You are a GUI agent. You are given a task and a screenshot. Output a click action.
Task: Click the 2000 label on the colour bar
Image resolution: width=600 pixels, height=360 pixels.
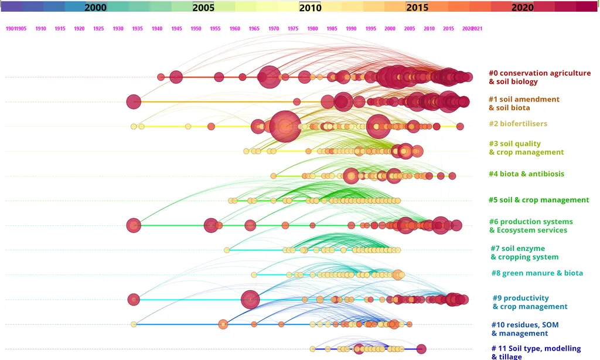point(96,8)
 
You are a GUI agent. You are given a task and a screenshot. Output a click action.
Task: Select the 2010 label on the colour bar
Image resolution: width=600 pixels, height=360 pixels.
point(310,8)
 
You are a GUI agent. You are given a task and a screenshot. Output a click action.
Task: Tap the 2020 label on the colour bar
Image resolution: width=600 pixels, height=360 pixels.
point(522,8)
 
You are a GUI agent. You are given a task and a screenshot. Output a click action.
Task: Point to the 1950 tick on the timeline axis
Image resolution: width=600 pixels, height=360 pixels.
point(196,29)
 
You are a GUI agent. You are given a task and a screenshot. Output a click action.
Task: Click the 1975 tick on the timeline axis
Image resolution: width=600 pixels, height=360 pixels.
point(293,29)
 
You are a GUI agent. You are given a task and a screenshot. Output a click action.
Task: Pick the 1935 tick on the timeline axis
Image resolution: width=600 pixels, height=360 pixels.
point(138,29)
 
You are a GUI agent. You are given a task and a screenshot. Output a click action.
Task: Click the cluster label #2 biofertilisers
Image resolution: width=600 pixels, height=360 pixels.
point(518,124)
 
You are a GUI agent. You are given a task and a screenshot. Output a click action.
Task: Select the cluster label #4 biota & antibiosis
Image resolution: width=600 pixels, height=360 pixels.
point(527,174)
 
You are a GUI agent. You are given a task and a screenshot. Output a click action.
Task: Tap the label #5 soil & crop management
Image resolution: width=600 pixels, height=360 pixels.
point(538,200)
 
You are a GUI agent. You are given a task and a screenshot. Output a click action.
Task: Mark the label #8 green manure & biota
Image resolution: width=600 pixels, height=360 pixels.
point(537,273)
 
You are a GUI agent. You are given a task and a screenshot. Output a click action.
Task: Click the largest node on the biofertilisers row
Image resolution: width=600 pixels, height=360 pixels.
point(285,126)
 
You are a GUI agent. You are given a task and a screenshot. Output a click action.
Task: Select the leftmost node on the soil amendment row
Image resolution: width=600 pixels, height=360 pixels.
point(134,101)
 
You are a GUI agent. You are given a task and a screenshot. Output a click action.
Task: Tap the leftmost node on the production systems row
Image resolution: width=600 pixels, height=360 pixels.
point(134,225)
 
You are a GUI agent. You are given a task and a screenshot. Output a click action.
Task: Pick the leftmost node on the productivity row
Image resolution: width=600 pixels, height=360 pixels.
point(134,300)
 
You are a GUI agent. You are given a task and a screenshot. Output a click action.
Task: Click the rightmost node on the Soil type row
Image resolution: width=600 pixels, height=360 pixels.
point(421,349)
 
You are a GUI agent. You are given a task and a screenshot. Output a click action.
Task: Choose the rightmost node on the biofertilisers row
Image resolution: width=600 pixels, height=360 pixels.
point(460,126)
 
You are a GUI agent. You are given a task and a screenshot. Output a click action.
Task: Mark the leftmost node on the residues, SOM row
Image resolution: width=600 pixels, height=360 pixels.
point(134,324)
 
